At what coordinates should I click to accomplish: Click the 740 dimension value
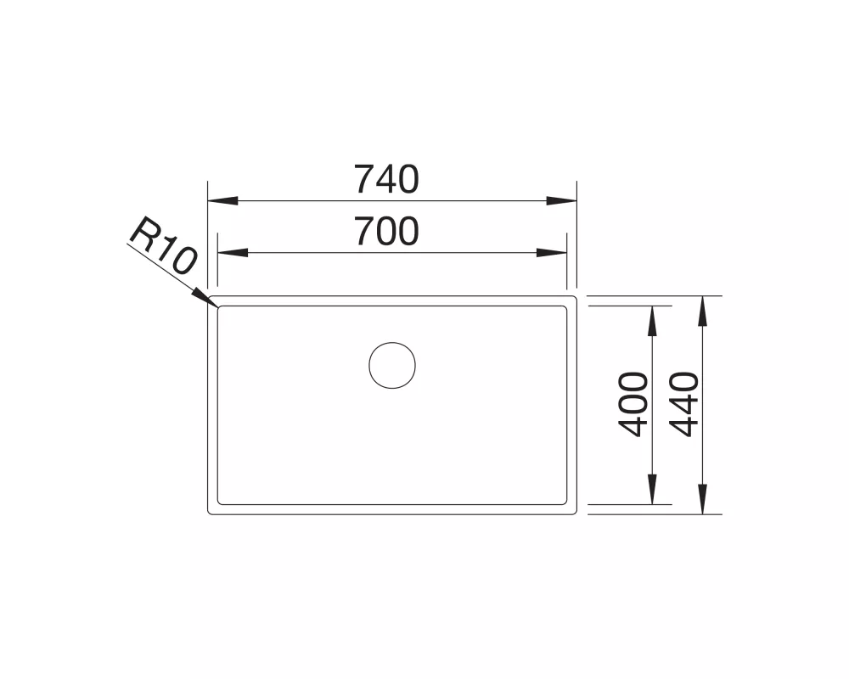pyautogui.click(x=386, y=179)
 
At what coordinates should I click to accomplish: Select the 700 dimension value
pyautogui.click(x=386, y=231)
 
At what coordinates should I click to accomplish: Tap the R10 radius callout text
pyautogui.click(x=163, y=245)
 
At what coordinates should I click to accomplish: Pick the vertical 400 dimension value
pyautogui.click(x=633, y=405)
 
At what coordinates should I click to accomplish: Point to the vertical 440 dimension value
pyautogui.click(x=684, y=405)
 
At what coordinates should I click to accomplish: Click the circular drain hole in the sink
pyautogui.click(x=392, y=365)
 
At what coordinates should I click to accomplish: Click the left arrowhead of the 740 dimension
pyautogui.click(x=222, y=201)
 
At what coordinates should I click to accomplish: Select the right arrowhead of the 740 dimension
pyautogui.click(x=561, y=201)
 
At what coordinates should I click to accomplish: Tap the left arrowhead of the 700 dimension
pyautogui.click(x=233, y=253)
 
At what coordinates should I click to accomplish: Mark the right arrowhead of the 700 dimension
pyautogui.click(x=552, y=253)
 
